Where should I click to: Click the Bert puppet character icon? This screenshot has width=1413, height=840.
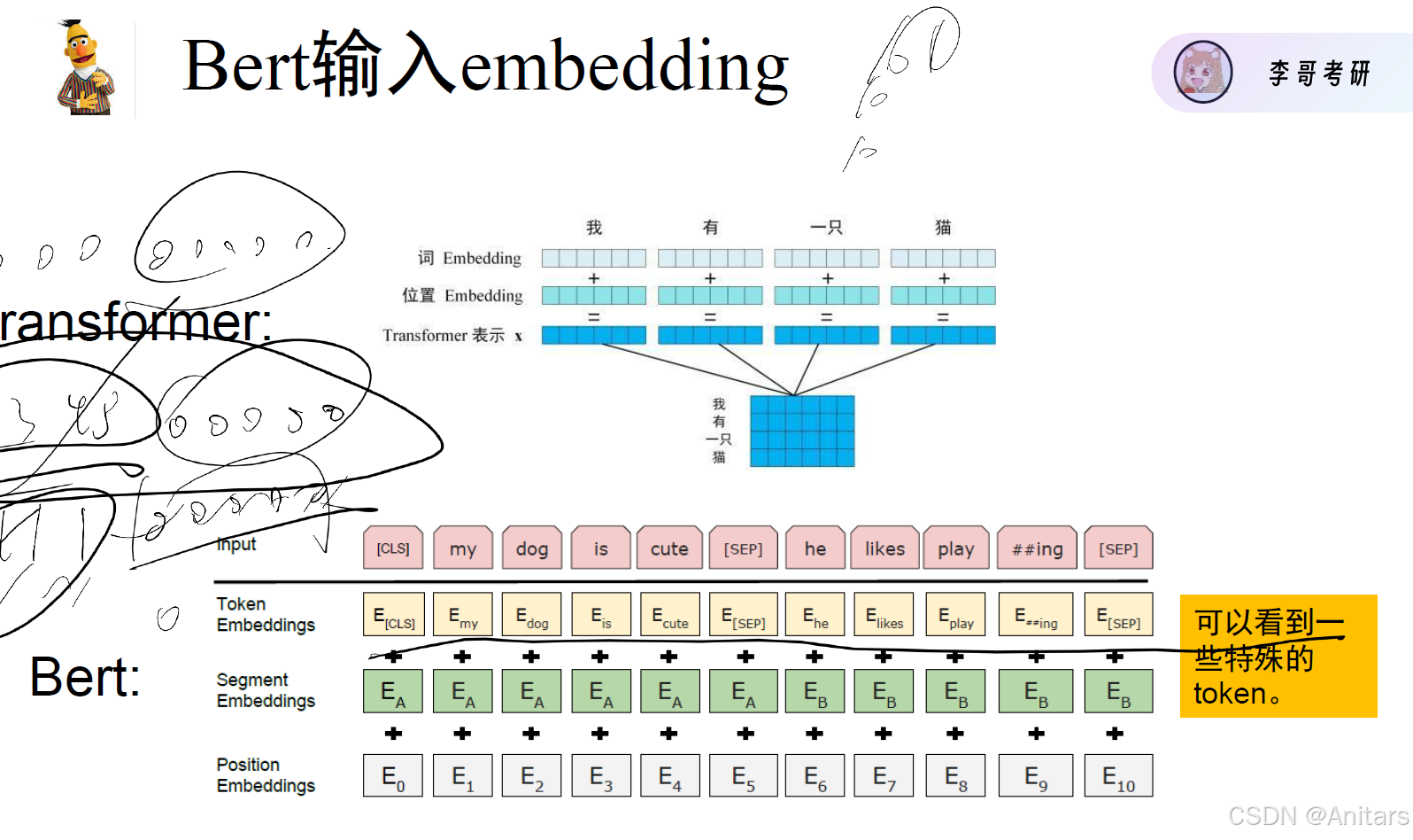(85, 68)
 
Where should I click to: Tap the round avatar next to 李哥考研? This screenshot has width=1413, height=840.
(1202, 72)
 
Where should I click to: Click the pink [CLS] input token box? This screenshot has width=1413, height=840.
(393, 548)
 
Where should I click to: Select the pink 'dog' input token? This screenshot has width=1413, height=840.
(531, 548)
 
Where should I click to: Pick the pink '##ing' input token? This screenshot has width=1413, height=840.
(1037, 548)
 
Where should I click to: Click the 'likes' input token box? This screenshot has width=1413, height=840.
(884, 548)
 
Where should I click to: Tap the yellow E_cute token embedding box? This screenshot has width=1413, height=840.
(669, 615)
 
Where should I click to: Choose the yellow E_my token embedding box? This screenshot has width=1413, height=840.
(462, 615)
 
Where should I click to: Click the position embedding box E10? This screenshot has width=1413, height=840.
(1118, 776)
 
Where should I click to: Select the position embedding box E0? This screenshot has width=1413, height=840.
(393, 776)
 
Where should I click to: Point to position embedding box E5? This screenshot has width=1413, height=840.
(744, 776)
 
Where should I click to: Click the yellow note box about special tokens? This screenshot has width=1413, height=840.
(1278, 656)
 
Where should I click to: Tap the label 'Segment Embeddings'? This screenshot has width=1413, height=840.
(266, 690)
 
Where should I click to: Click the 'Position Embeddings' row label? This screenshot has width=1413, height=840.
(266, 775)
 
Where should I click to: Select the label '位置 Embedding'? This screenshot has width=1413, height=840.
(462, 295)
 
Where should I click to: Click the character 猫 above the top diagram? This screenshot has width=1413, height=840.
(943, 228)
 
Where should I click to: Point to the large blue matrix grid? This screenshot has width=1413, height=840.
(802, 431)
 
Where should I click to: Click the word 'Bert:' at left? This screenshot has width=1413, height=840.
(85, 678)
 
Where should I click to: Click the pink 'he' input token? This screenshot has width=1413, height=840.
(815, 548)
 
